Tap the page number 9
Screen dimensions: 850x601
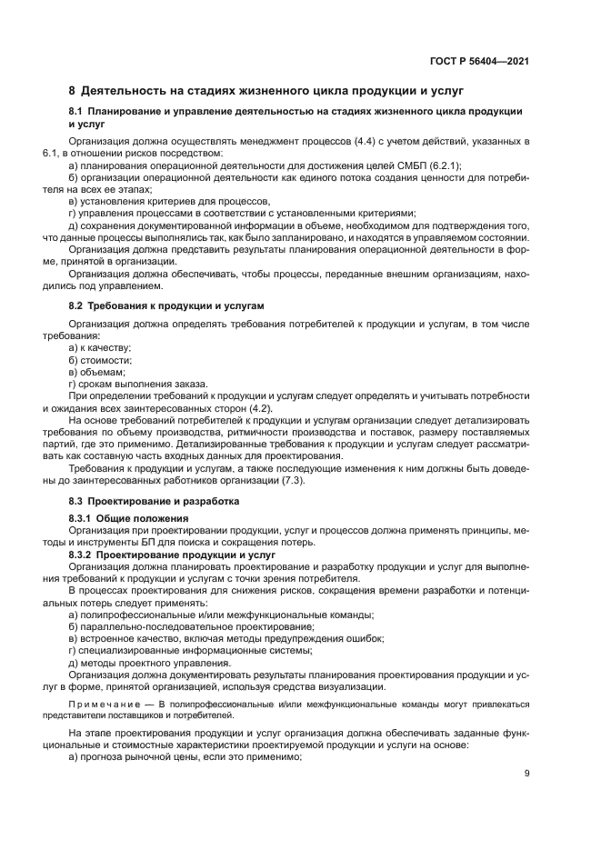[x=527, y=774]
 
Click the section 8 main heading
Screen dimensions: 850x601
[x=266, y=91]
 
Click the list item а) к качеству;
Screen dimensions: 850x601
[x=100, y=348]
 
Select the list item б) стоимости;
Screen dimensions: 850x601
[x=100, y=360]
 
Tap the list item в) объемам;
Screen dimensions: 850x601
[x=96, y=372]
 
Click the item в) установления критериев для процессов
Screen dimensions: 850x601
[x=169, y=201]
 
